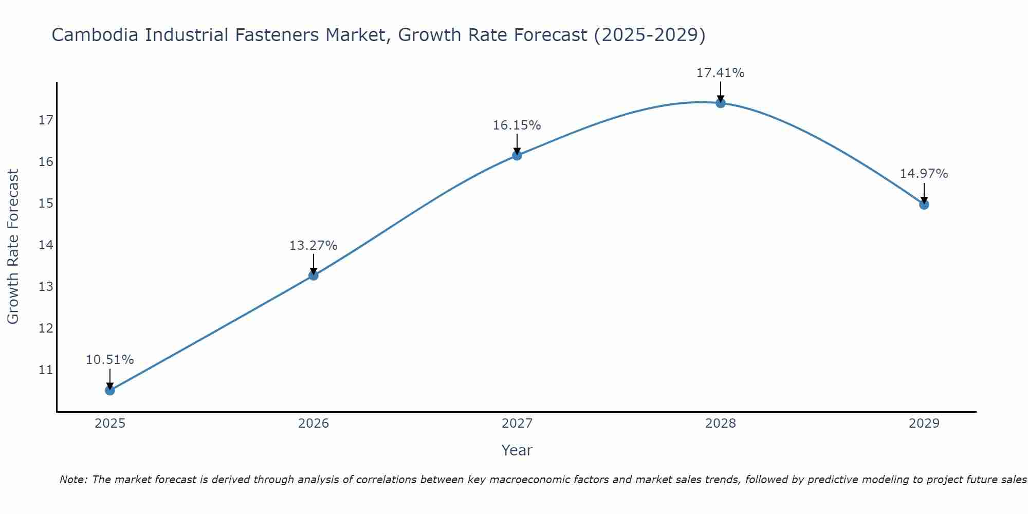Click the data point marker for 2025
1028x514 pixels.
pos(110,390)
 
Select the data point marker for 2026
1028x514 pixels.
pos(314,276)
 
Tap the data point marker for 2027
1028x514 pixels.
pos(517,155)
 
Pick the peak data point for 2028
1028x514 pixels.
pos(721,103)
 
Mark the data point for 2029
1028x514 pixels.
pos(924,205)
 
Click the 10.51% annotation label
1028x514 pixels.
pos(109,360)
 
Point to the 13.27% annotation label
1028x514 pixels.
pos(313,246)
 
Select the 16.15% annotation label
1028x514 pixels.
pos(517,125)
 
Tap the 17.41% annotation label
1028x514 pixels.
pos(720,73)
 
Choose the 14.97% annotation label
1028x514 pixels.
pos(924,174)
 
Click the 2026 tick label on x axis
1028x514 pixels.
pos(314,424)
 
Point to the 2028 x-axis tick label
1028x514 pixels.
pos(721,424)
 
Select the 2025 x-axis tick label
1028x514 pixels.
pos(110,424)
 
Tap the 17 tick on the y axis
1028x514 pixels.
pos(46,120)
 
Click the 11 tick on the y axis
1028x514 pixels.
pos(46,370)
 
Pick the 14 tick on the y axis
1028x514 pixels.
pos(46,245)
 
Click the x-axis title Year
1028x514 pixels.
pos(517,450)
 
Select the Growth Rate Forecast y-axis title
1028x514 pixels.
pos(13,247)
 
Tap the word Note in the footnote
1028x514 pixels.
pos(74,480)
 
